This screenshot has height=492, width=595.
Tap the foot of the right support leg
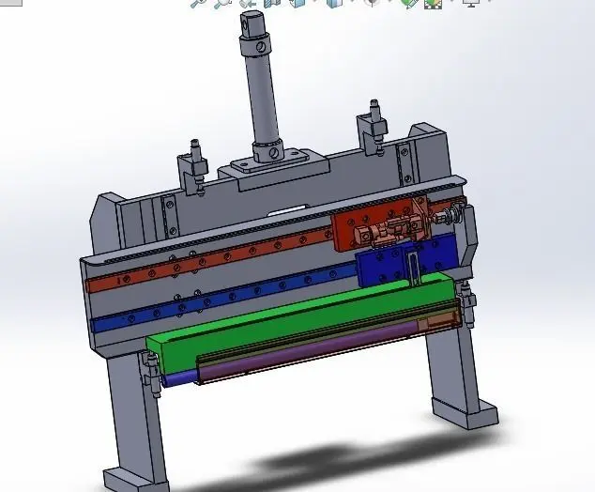470,413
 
